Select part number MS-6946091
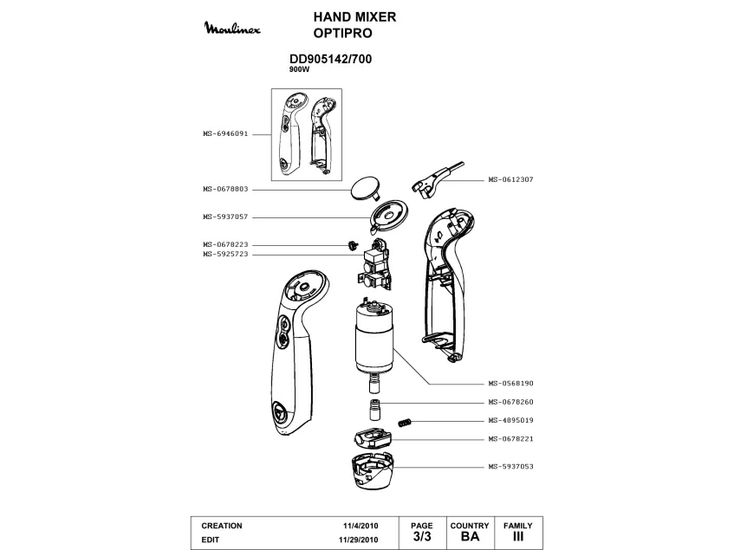tap(225, 134)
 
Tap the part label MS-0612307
tap(510, 179)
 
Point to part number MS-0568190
tap(510, 383)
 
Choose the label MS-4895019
tap(510, 421)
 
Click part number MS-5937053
tap(510, 467)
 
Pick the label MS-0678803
tap(225, 189)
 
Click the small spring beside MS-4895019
tap(403, 422)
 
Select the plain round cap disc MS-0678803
tap(364, 187)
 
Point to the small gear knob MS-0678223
tap(352, 245)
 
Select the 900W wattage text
tap(299, 69)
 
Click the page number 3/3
tap(421, 537)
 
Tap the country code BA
tap(470, 537)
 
